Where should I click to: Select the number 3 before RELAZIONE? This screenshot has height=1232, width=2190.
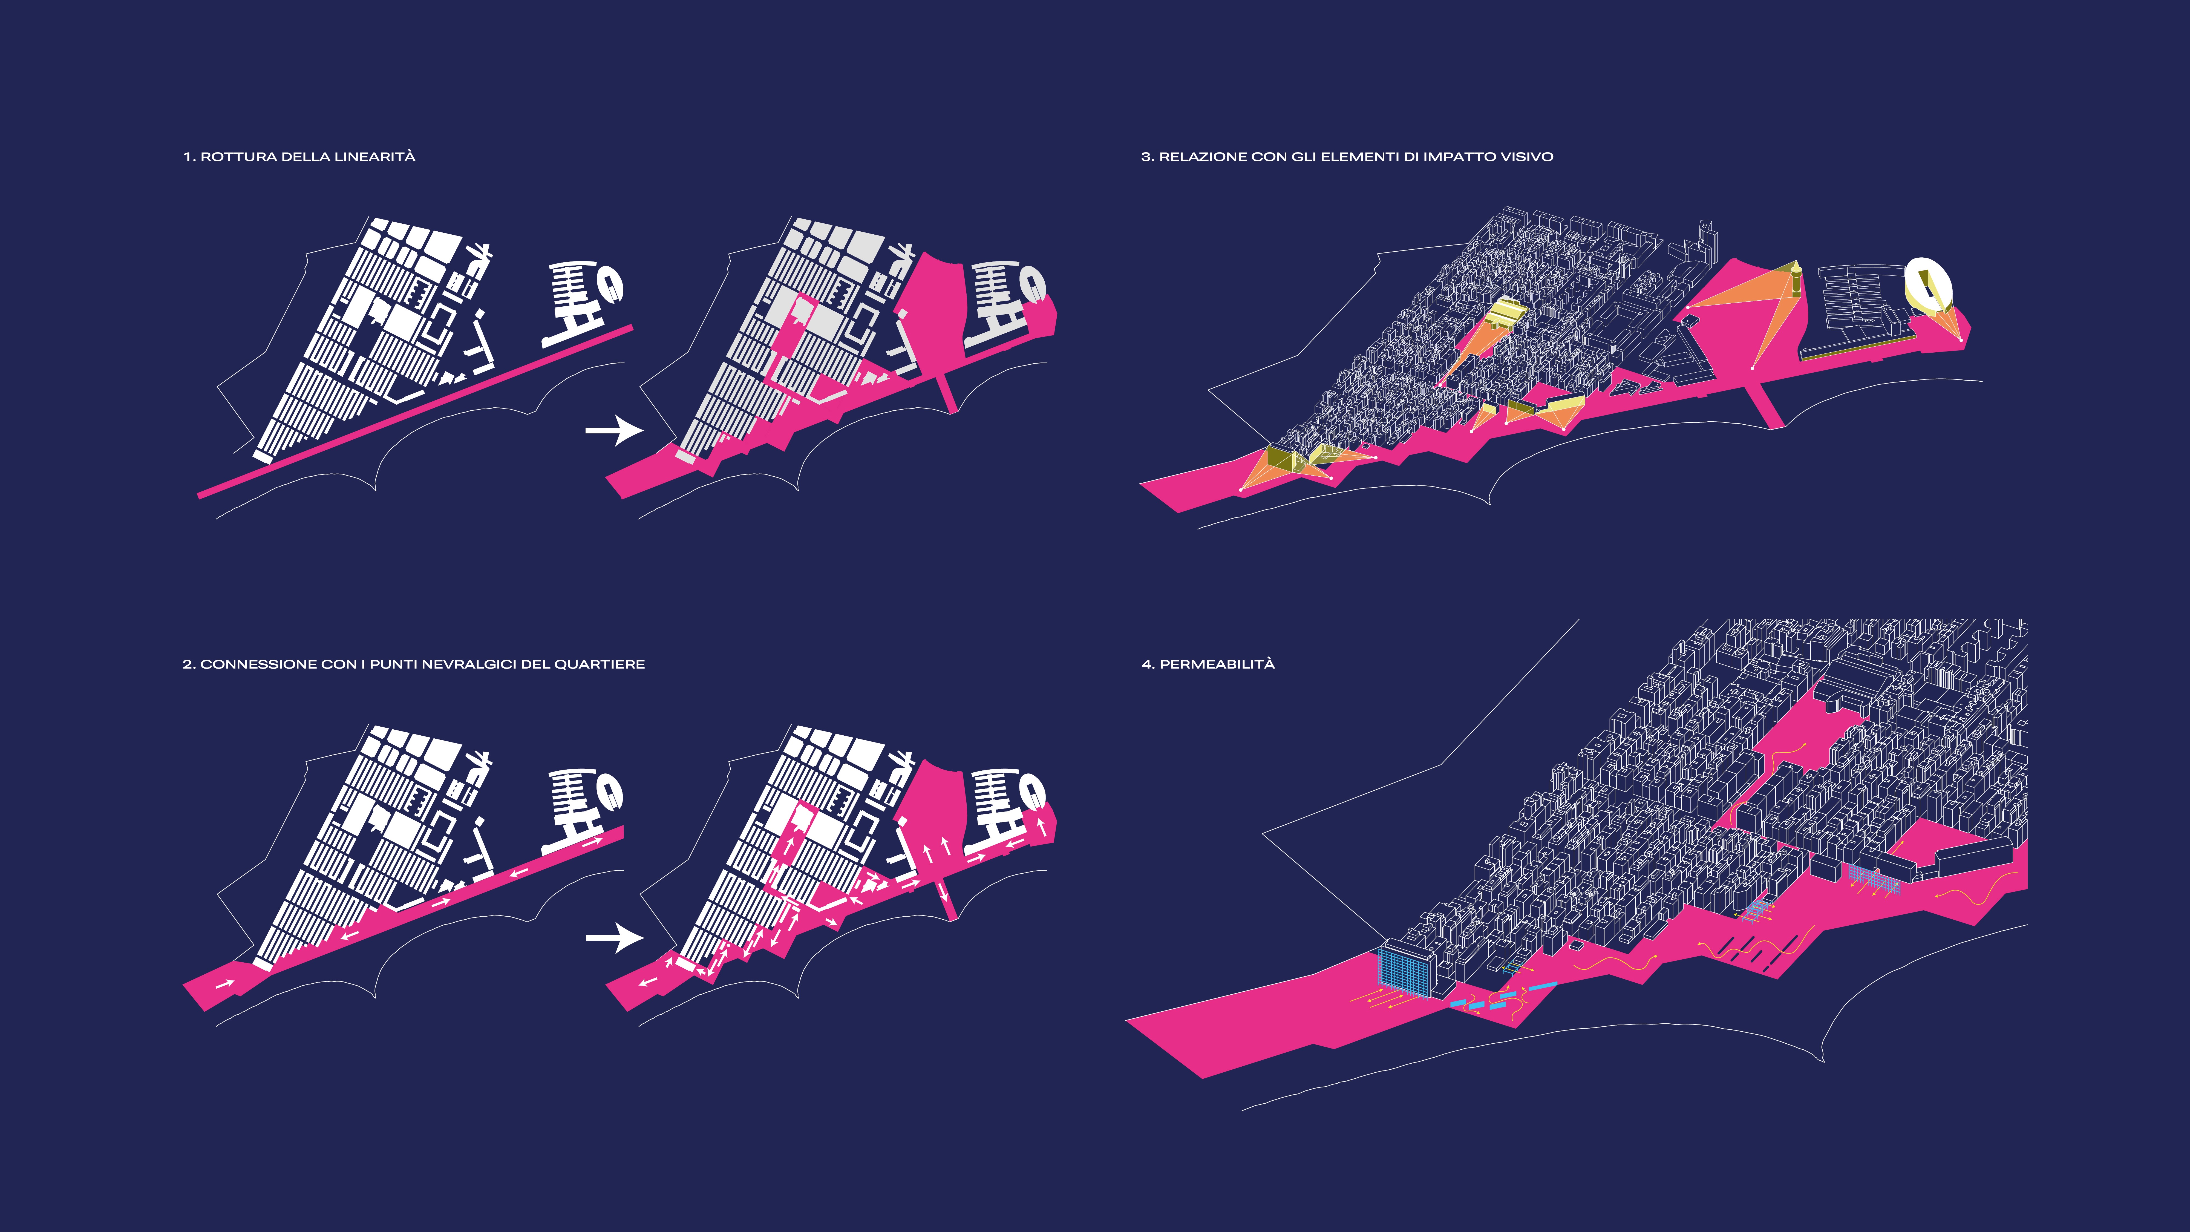pyautogui.click(x=1145, y=156)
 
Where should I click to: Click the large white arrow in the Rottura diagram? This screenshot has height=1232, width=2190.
pyautogui.click(x=614, y=430)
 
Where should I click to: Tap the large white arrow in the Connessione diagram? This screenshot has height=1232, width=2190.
pyautogui.click(x=614, y=938)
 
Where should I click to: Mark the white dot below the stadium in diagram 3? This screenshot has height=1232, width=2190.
pyautogui.click(x=1960, y=340)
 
